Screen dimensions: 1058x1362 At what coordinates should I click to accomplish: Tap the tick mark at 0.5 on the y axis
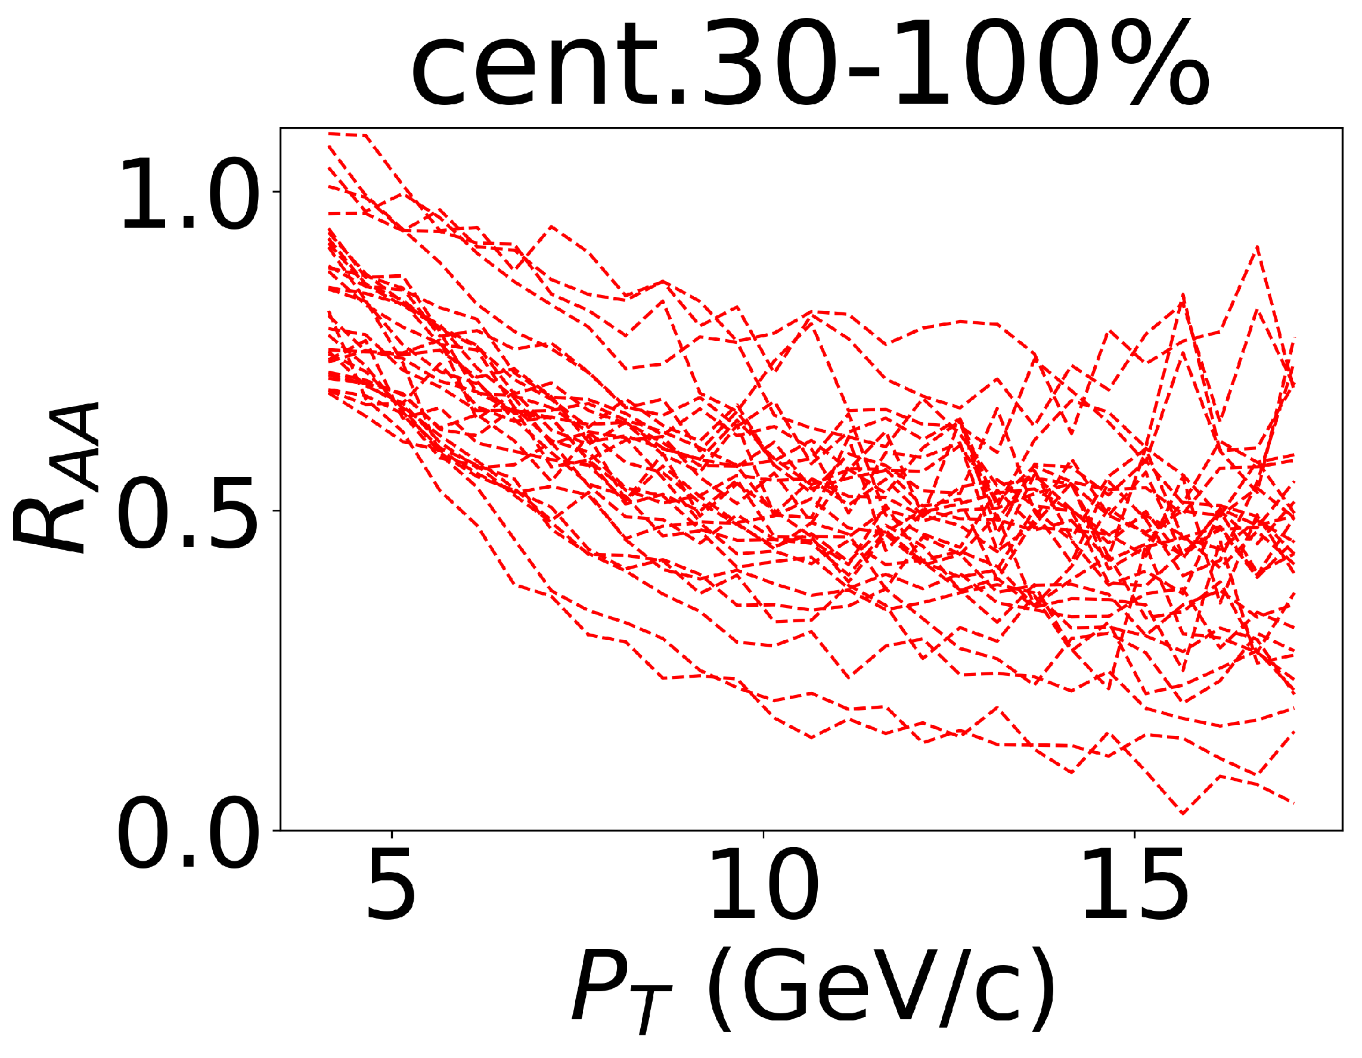coord(277,511)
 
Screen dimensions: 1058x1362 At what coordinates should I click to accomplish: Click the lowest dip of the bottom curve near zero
coord(1183,813)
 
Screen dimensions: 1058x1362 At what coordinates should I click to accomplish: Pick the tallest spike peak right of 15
coord(1257,247)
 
